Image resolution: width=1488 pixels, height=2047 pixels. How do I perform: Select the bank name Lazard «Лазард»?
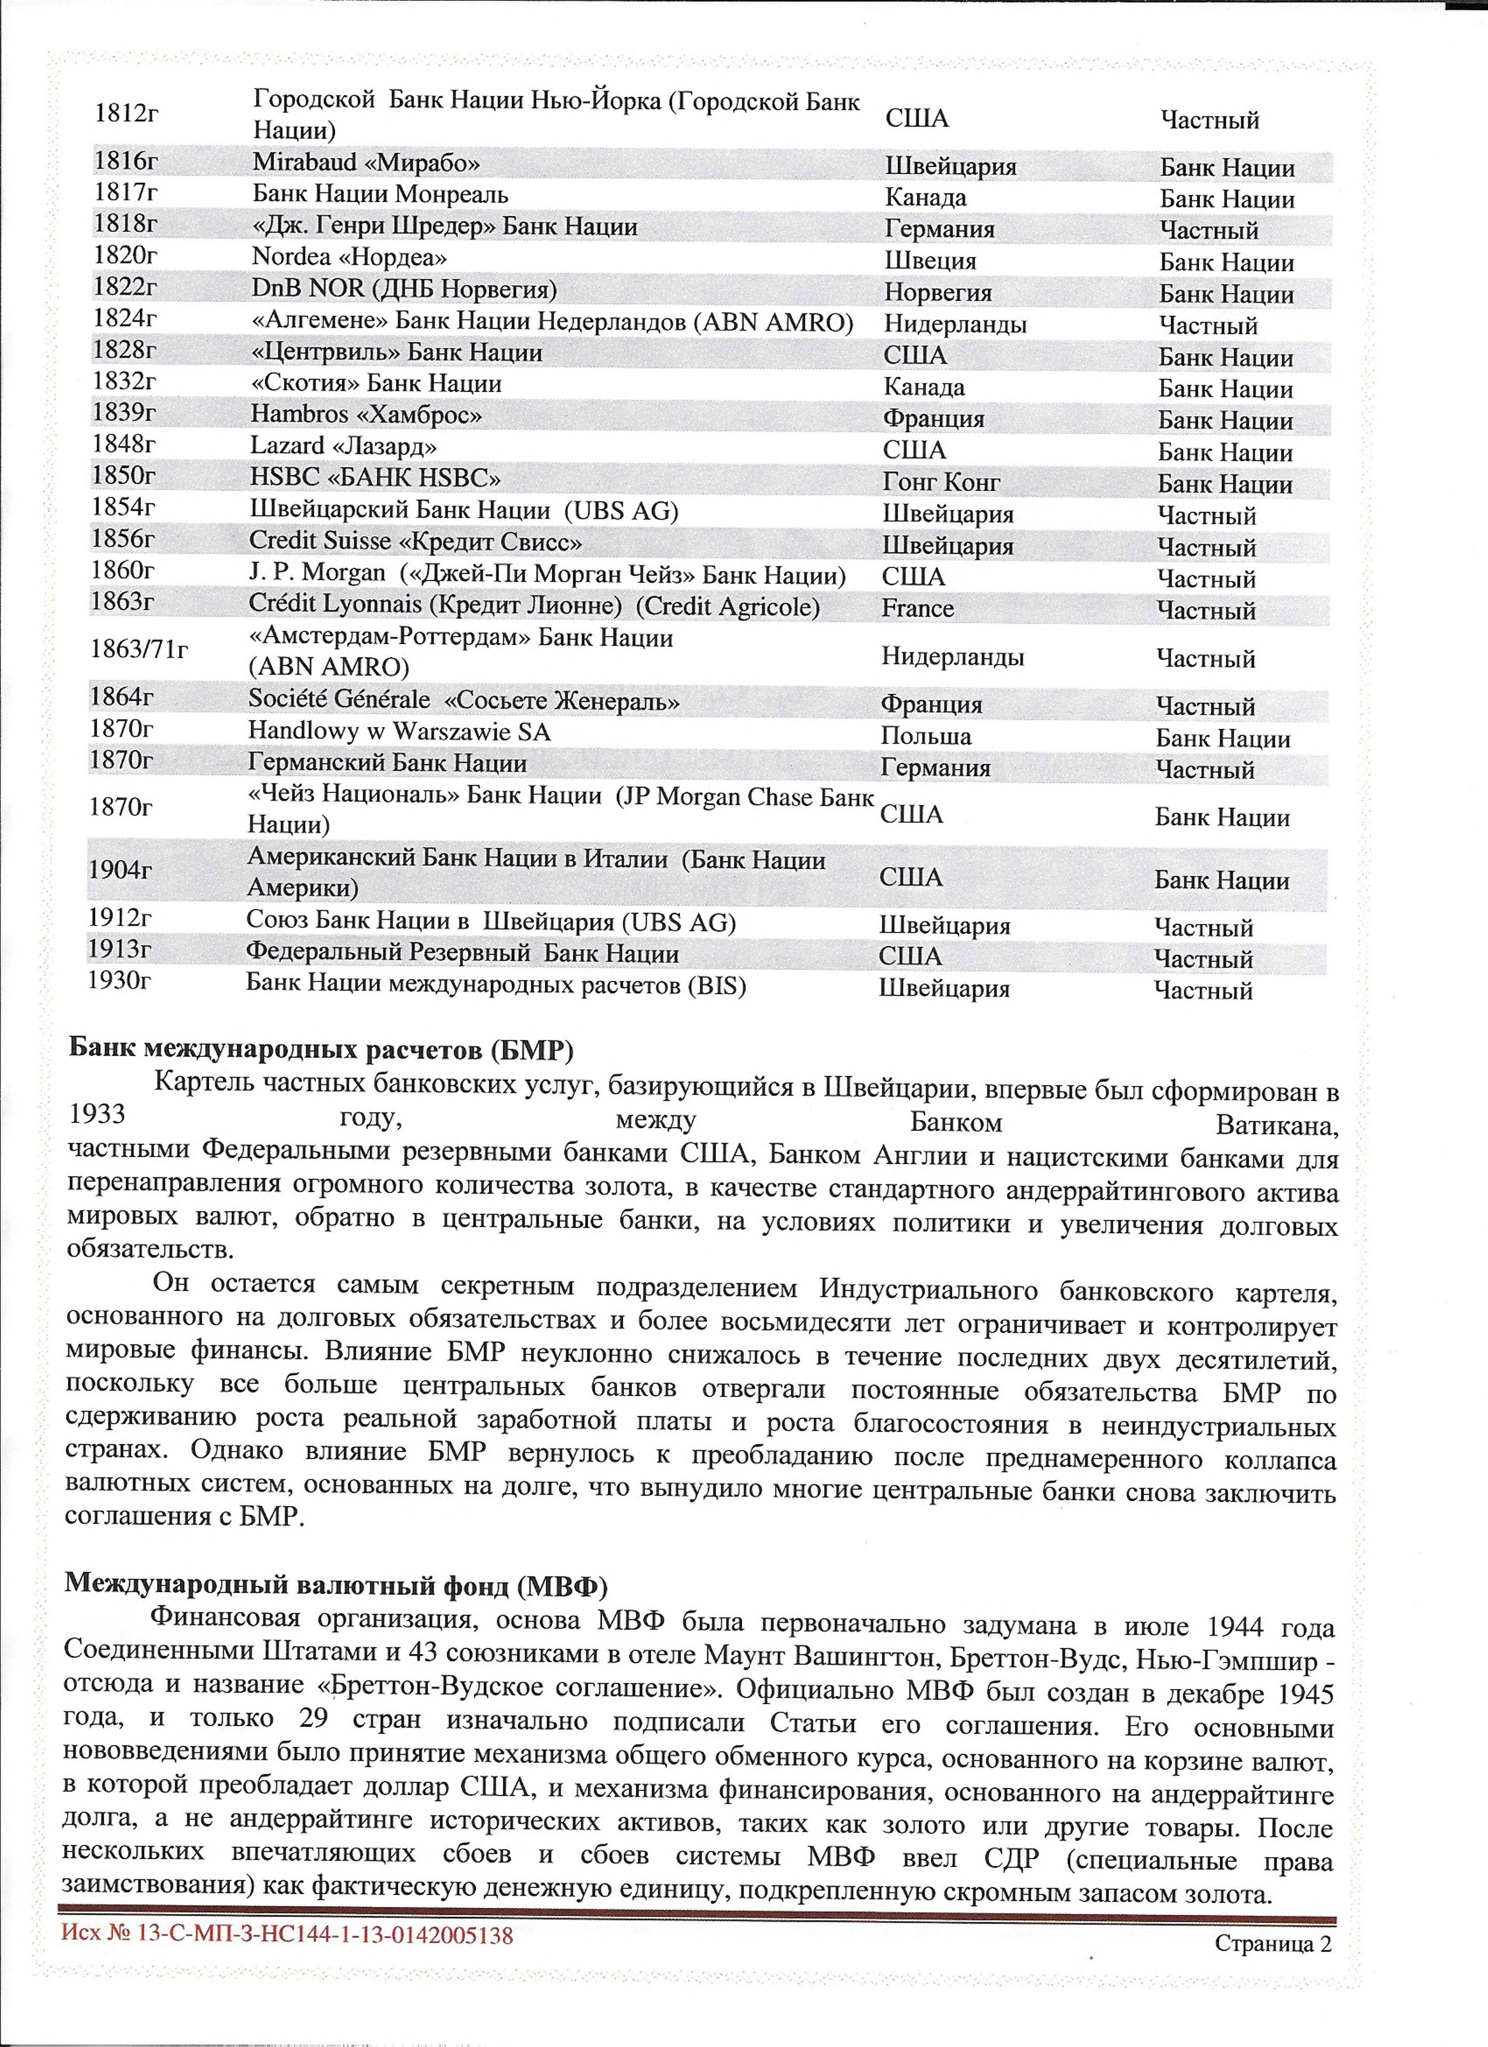pyautogui.click(x=344, y=446)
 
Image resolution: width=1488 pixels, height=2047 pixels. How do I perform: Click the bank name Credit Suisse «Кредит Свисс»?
pyautogui.click(x=415, y=541)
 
